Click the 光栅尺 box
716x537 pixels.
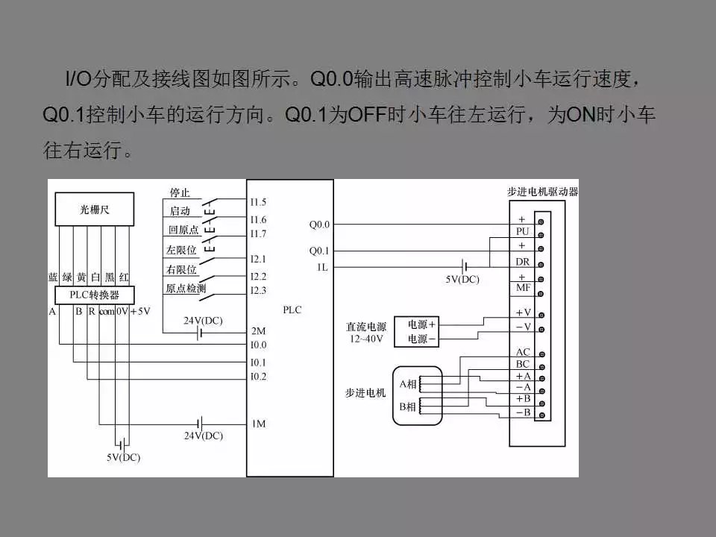coord(95,209)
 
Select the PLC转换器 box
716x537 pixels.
coord(95,295)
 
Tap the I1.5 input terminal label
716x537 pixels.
coord(258,202)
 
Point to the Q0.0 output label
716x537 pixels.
coord(319,224)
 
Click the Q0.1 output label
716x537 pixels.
coord(319,251)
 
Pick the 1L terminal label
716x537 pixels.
coord(322,267)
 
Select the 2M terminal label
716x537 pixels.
coord(259,331)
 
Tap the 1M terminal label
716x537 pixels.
coord(259,424)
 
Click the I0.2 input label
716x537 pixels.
coord(258,376)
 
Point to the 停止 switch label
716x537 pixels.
coord(180,192)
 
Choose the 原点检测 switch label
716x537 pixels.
coord(186,288)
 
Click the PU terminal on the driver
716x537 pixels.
coord(522,231)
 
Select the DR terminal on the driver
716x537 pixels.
coord(522,262)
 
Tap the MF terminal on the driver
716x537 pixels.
coord(523,288)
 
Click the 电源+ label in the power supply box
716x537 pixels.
coord(421,324)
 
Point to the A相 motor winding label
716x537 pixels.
coord(408,384)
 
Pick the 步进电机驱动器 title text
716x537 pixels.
coord(542,192)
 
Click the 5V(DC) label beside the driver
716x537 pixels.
coord(462,280)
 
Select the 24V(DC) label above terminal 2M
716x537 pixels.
coord(203,321)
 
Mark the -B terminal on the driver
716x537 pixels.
coord(524,412)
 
